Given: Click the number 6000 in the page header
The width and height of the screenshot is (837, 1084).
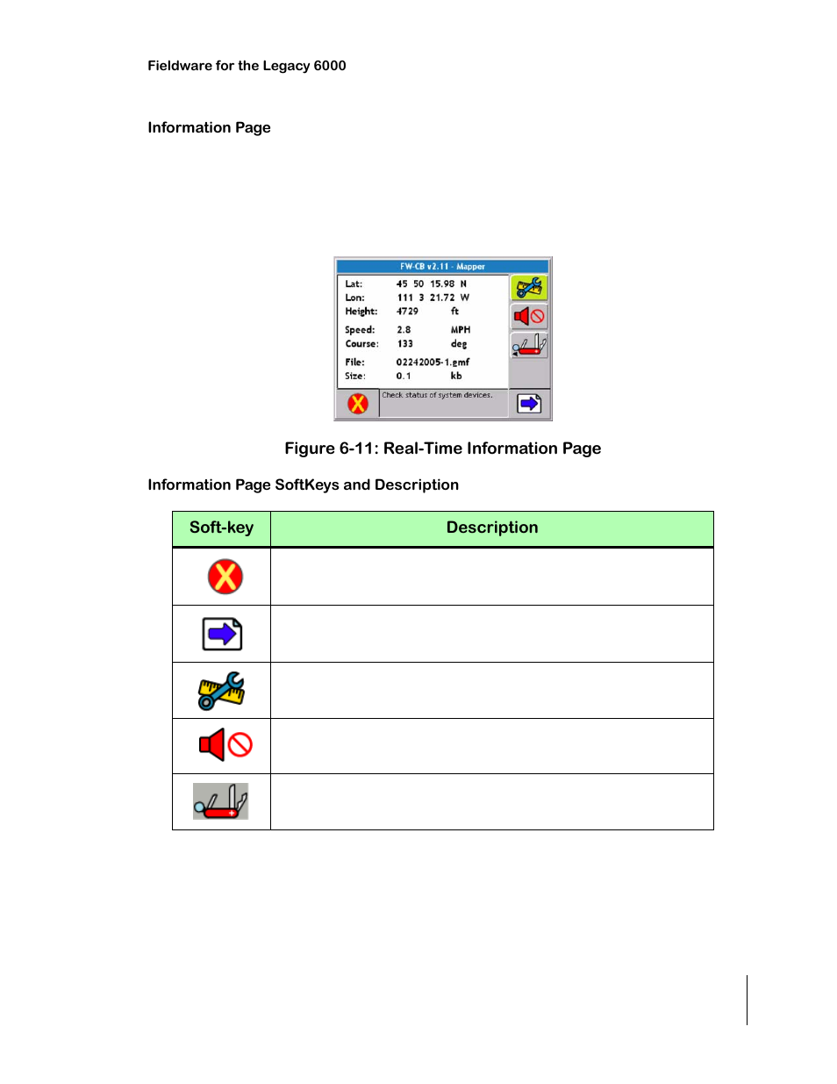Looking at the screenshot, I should [x=330, y=66].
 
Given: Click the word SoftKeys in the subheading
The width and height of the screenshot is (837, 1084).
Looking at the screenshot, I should [x=307, y=485].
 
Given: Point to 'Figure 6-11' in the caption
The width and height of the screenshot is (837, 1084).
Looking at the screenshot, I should [x=330, y=449].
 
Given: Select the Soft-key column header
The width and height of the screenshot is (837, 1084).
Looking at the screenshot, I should [x=221, y=528].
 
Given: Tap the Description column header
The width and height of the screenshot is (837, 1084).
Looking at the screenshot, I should [x=491, y=528].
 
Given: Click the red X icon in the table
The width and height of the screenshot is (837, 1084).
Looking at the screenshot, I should [x=225, y=577].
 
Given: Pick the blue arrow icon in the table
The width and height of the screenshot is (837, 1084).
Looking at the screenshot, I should [x=222, y=634].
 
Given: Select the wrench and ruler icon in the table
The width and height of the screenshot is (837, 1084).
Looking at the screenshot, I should [x=221, y=691].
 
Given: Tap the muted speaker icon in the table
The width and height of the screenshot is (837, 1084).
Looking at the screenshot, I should [x=225, y=745].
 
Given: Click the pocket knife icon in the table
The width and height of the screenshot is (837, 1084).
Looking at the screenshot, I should [x=221, y=801].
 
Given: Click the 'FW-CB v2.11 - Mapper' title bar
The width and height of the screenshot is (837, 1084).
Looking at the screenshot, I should [x=442, y=266].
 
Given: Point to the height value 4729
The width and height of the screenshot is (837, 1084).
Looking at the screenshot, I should [x=407, y=312].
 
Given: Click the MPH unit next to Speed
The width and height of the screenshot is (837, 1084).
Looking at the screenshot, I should [x=461, y=330].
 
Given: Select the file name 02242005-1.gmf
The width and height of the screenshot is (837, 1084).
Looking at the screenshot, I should [x=433, y=362].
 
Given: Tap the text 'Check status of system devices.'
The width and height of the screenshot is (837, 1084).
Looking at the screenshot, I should [x=437, y=395].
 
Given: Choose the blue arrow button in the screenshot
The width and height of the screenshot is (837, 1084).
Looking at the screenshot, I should [x=529, y=404].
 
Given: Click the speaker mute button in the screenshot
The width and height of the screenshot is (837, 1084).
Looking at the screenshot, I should [x=529, y=316].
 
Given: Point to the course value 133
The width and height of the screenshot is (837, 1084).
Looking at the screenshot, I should [x=404, y=344].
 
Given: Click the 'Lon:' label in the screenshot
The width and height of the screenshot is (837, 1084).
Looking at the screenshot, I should [x=354, y=298].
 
